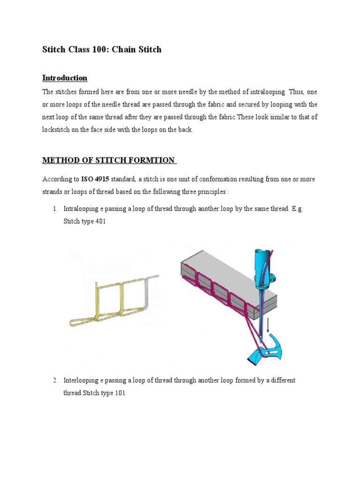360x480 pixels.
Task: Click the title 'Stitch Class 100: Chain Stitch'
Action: [102, 49]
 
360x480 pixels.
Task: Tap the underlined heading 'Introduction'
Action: [65, 78]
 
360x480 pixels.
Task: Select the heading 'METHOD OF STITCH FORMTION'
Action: [109, 161]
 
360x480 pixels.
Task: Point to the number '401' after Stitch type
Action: [99, 221]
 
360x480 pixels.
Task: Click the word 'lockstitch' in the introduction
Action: [58, 130]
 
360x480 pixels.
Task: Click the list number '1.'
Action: [55, 209]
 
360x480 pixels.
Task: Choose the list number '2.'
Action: [55, 381]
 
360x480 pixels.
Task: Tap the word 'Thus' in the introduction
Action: [297, 92]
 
